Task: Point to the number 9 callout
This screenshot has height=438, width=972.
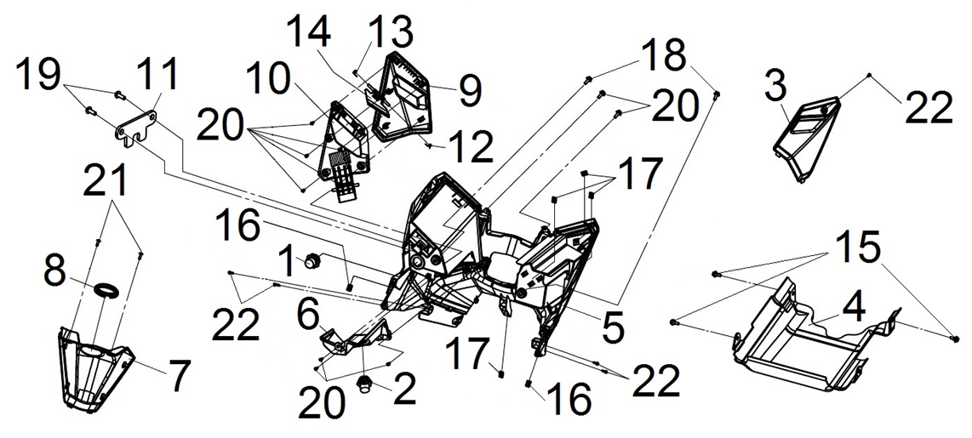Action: tap(470, 88)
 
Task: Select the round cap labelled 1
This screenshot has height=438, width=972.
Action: tap(312, 259)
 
